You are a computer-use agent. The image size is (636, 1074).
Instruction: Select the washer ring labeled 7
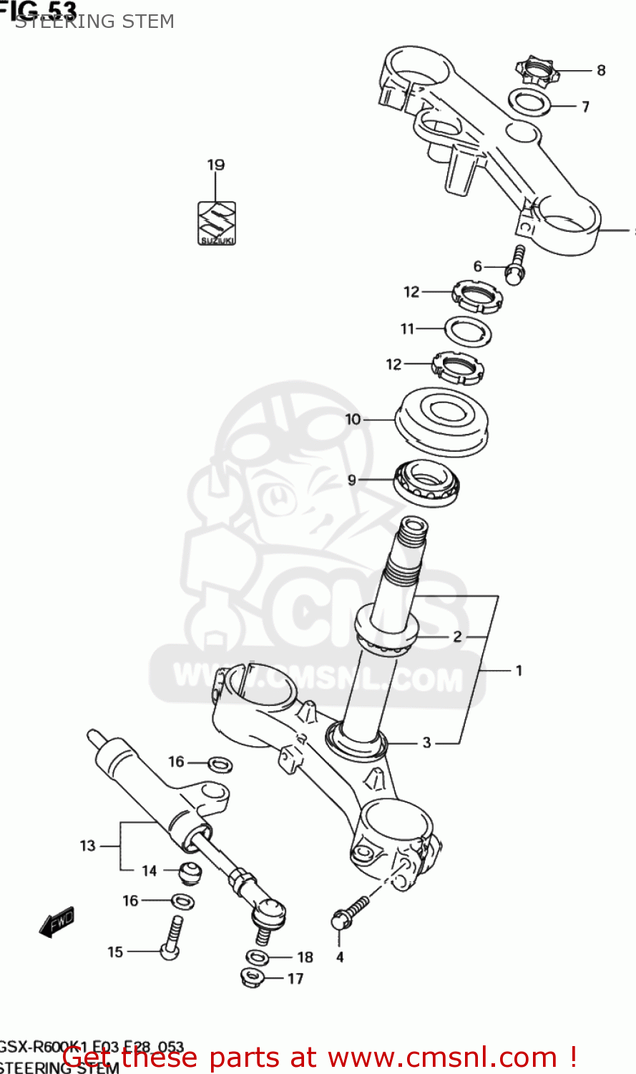(x=530, y=102)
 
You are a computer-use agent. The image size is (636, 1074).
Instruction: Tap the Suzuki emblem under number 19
(x=217, y=223)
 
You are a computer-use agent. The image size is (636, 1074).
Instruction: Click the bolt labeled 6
(x=517, y=266)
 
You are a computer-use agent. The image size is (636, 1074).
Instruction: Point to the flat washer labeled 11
(x=469, y=331)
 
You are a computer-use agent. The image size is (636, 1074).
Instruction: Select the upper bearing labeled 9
(x=427, y=483)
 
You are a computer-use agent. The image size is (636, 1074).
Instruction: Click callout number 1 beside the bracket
(x=519, y=671)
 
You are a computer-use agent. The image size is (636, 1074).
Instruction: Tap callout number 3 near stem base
(x=426, y=742)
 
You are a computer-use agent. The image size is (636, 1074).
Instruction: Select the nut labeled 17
(x=252, y=977)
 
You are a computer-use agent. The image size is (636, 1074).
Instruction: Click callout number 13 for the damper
(x=87, y=846)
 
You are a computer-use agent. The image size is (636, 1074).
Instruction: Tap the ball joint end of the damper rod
(x=269, y=911)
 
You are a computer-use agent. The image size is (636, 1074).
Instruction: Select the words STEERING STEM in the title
(x=94, y=21)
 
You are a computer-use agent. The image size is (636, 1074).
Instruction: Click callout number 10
(x=353, y=419)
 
